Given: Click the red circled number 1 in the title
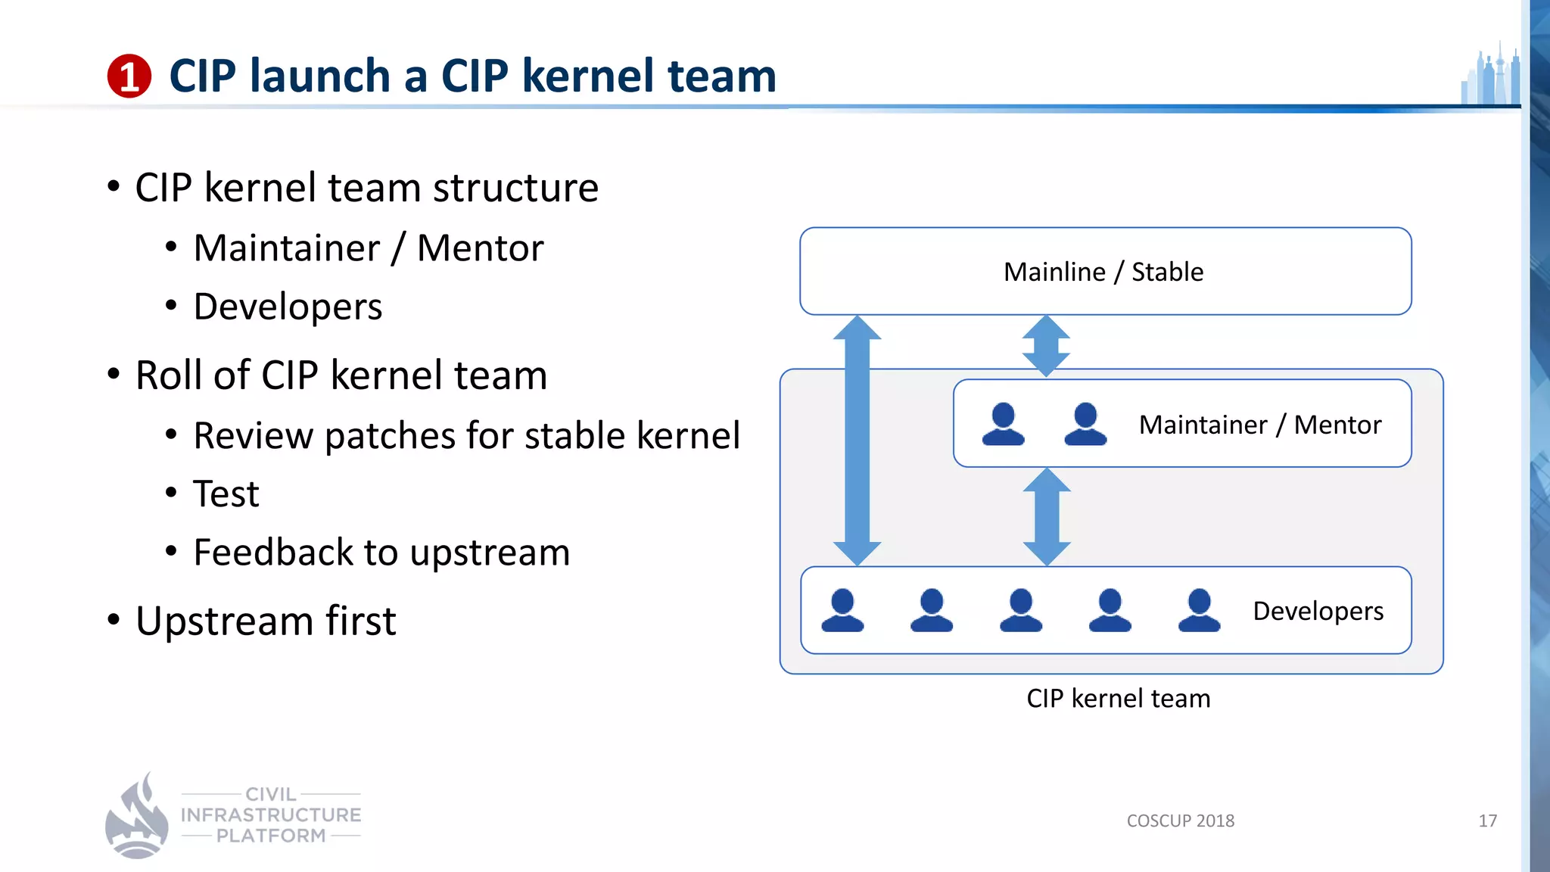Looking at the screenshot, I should tap(129, 76).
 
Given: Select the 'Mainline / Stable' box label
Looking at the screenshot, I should tap(1103, 272).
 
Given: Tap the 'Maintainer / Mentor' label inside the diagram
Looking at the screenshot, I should tap(1259, 425).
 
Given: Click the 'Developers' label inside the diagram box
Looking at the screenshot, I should tap(1318, 611).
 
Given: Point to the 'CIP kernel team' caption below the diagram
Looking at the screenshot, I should tap(1118, 698).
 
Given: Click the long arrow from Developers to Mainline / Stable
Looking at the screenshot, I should tap(857, 439).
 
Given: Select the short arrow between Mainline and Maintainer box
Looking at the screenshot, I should tap(1046, 346).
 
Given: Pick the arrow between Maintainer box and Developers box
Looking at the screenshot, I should tap(1047, 516).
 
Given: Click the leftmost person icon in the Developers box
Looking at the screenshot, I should tap(842, 610).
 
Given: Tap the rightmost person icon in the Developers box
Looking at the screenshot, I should tap(1199, 610).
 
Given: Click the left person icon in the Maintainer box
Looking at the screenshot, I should tap(1003, 424).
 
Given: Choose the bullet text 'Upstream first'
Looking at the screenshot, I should tap(266, 621).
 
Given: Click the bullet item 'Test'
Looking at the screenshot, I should tap(226, 494).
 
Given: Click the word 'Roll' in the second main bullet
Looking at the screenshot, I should tap(169, 375).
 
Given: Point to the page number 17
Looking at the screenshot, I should tap(1487, 821).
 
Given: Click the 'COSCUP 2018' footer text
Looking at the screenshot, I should tap(1180, 821).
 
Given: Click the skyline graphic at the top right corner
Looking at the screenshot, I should tap(1491, 76).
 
